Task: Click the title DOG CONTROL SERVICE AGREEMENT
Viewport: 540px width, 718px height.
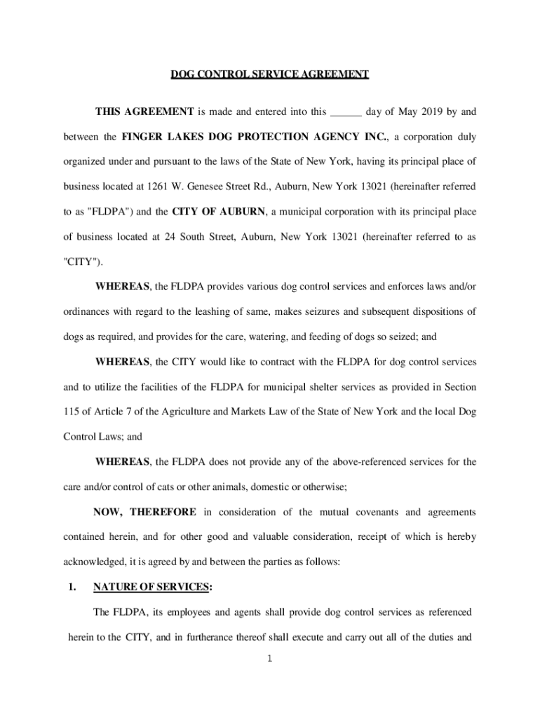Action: (x=270, y=74)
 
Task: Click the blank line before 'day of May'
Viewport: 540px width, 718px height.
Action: (x=346, y=111)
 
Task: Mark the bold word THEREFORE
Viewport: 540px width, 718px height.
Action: (x=163, y=512)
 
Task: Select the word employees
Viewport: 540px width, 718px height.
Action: (x=180, y=613)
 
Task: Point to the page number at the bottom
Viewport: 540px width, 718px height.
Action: (x=270, y=660)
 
